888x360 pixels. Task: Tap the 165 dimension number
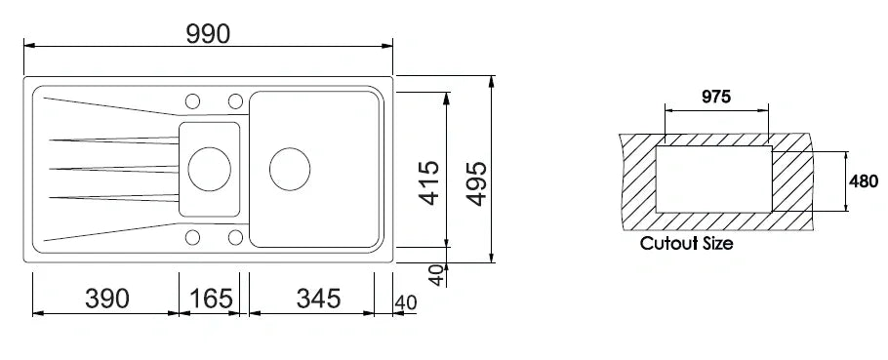tap(209, 299)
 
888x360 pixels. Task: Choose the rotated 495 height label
tap(476, 181)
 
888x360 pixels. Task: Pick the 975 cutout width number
tap(716, 97)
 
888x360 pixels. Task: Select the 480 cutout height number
tap(865, 180)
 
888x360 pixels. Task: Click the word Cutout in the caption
tap(668, 243)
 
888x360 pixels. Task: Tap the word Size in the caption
tap(717, 243)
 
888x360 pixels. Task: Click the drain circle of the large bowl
tap(290, 169)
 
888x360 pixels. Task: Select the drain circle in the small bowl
tap(208, 169)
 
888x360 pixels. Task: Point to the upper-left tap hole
tap(192, 100)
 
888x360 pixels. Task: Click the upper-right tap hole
tap(234, 100)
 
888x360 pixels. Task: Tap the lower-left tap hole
tap(192, 237)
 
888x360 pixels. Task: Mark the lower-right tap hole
tap(234, 237)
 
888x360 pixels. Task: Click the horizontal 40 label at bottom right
tap(406, 302)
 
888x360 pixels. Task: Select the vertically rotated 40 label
tap(436, 275)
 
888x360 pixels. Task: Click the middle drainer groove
tap(107, 169)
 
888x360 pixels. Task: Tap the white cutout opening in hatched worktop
tap(715, 179)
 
